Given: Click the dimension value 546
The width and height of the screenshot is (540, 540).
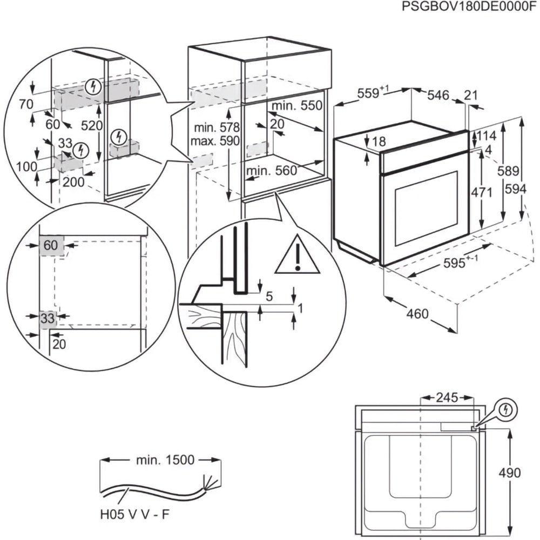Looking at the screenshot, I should click(x=438, y=96).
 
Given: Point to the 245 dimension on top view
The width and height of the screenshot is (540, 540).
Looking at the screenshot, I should click(x=447, y=398).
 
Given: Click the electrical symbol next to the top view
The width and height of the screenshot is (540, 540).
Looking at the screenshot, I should click(x=505, y=411).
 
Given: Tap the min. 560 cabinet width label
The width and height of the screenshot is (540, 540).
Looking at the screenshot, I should click(x=271, y=171).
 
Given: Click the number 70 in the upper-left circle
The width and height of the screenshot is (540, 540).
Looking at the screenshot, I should click(x=25, y=104).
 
